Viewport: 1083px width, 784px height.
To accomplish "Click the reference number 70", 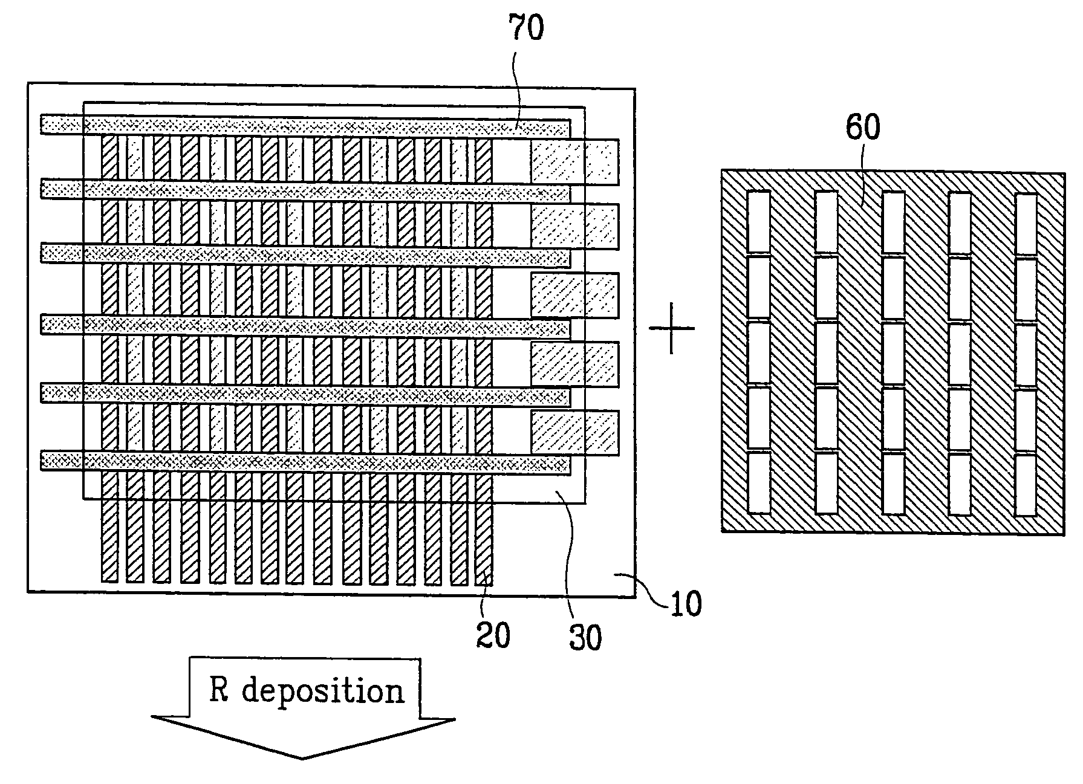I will pyautogui.click(x=525, y=29).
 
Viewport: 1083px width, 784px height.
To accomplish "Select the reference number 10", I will pyautogui.click(x=685, y=603).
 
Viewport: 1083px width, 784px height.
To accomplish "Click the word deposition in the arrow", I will pyautogui.click(x=323, y=692).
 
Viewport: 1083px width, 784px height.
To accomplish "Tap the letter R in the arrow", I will pyautogui.click(x=219, y=689).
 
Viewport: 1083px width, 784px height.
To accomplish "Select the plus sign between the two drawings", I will pyautogui.click(x=671, y=328).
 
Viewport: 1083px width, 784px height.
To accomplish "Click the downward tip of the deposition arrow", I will pyautogui.click(x=302, y=757).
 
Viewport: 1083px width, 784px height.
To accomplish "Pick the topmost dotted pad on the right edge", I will pyautogui.click(x=574, y=162).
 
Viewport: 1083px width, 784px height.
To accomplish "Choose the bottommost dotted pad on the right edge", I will pyautogui.click(x=574, y=433).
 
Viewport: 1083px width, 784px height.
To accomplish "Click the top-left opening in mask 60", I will pyautogui.click(x=759, y=222).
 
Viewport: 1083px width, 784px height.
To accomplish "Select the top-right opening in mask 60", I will pyautogui.click(x=1026, y=223).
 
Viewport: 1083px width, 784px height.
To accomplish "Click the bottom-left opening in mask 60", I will pyautogui.click(x=759, y=483).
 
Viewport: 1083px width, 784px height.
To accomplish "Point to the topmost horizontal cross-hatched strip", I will pyautogui.click(x=305, y=126).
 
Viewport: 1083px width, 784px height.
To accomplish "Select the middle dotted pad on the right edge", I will pyautogui.click(x=574, y=296).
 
